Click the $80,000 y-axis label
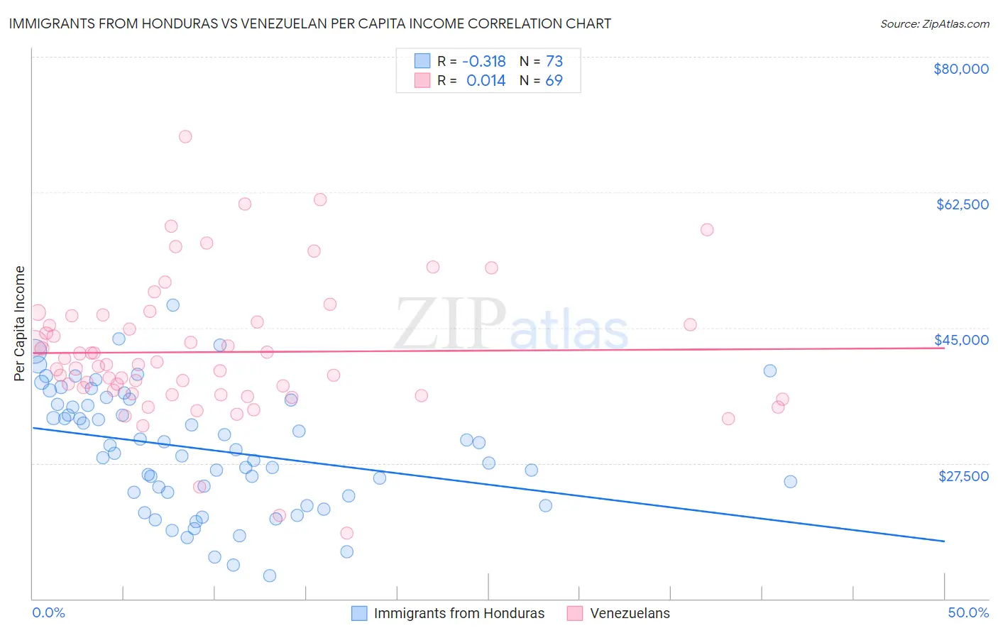coord(960,69)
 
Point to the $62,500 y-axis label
coord(962,204)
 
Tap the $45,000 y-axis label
coord(961,340)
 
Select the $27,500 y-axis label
coord(963,475)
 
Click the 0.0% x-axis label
coord(48,612)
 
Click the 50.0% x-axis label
coord(967,612)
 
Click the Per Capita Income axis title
coord(20,323)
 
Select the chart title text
coord(309,23)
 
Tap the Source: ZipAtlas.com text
coord(934,23)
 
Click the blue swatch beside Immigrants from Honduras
coord(359,613)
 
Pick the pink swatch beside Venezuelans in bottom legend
coord(575,613)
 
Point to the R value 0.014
coord(486,81)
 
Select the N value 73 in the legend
coord(554,61)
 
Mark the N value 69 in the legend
coord(554,81)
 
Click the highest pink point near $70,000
coord(185,136)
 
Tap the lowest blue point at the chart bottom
coord(270,576)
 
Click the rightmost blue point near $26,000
coord(790,481)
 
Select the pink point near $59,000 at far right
coord(707,229)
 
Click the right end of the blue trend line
coord(944,541)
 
